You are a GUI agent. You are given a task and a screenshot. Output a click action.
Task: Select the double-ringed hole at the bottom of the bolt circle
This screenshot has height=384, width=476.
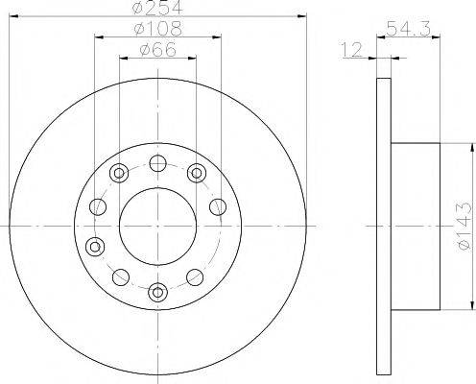coord(158,290)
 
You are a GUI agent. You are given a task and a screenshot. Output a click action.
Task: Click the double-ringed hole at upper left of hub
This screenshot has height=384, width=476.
coord(119,174)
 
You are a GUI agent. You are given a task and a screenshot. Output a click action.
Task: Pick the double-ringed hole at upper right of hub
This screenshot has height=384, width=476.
coord(198,173)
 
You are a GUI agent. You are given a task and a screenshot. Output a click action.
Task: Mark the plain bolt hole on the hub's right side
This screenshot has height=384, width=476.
coord(217,206)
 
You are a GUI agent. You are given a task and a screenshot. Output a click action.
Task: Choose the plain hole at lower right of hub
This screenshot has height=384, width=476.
coord(198,278)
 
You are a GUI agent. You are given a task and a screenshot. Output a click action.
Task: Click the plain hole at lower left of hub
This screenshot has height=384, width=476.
coord(120,277)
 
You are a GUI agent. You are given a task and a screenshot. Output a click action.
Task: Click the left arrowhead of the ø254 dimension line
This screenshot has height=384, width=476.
coord(21,16)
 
